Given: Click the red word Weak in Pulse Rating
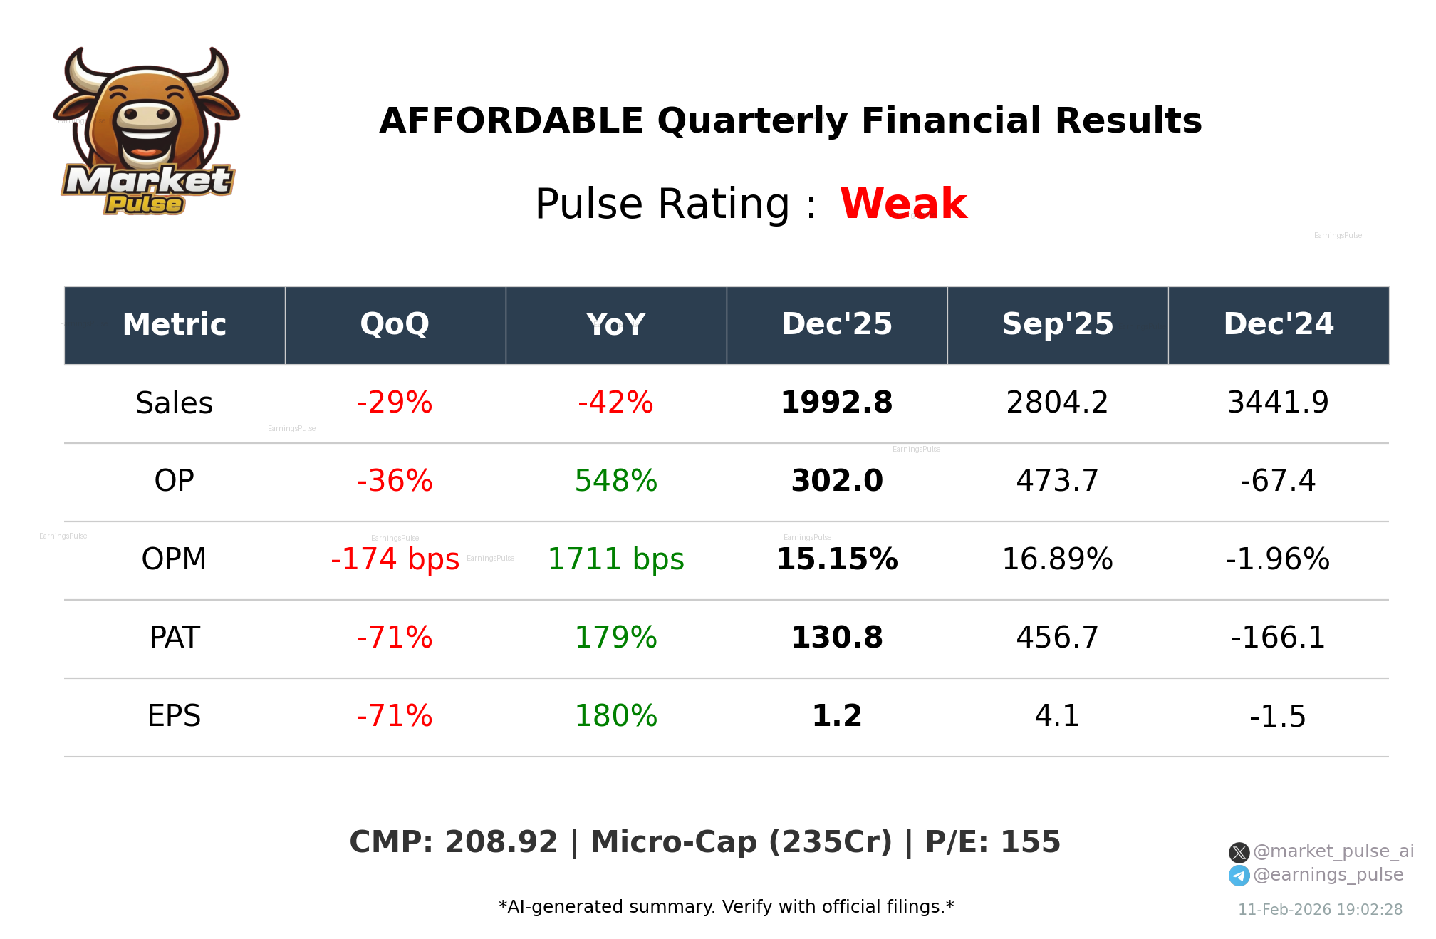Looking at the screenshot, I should (903, 204).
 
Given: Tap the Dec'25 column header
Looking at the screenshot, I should (836, 324).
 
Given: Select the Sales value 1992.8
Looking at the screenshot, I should (836, 403).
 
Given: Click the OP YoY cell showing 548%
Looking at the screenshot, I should (615, 481).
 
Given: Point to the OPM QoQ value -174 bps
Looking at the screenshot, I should (395, 559).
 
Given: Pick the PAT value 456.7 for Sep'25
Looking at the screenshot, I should (1057, 638).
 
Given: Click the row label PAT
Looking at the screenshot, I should (175, 638).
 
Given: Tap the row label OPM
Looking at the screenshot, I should (175, 559).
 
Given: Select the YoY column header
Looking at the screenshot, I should (615, 324).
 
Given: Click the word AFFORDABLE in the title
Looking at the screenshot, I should (511, 120).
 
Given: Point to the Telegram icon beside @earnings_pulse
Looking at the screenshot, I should (1239, 876).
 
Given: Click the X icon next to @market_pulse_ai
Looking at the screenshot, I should (1239, 852).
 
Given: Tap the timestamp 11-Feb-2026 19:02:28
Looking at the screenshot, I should (1320, 910).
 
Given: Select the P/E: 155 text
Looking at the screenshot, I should (992, 842).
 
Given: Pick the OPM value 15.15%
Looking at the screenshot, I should (836, 559).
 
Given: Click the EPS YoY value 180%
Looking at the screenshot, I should (615, 716).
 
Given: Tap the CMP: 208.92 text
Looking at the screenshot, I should (453, 842).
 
